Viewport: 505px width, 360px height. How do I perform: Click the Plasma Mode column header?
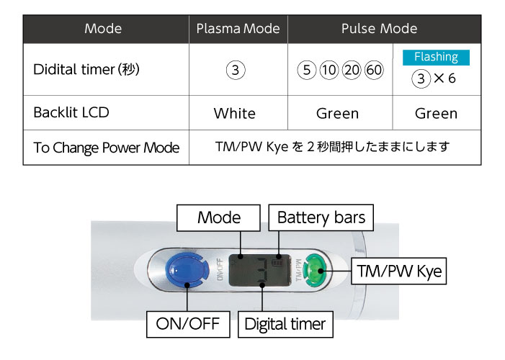tap(238, 29)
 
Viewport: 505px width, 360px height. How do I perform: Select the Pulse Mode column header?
tap(379, 29)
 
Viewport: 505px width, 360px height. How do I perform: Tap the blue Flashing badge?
tap(436, 58)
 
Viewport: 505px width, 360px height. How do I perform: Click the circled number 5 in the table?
tap(307, 70)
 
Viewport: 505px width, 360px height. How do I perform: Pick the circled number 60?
tap(374, 70)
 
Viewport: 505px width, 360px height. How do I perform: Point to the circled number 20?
tap(352, 70)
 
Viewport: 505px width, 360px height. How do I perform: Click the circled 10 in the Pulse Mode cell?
tap(329, 70)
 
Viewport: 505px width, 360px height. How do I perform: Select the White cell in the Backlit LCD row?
tap(234, 113)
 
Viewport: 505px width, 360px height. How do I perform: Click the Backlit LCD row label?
tap(71, 112)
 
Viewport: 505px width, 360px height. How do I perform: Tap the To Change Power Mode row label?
tap(107, 148)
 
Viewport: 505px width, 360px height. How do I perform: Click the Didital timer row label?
tap(86, 69)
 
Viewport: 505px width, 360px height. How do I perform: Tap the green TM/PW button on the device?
tap(316, 270)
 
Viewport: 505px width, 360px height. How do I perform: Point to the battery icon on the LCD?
tap(277, 263)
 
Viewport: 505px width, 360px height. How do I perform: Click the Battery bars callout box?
tap(321, 217)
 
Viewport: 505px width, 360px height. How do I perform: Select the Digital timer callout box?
tap(285, 324)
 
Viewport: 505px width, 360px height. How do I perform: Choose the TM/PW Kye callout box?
tap(398, 271)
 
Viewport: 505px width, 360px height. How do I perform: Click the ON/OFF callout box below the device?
tap(188, 324)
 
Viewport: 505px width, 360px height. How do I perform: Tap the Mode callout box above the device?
tap(219, 217)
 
